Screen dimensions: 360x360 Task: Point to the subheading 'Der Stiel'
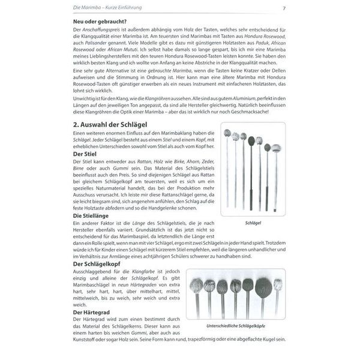(86, 154)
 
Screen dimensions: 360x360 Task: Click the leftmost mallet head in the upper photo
(227, 133)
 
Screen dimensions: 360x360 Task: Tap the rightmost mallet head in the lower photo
(278, 283)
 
